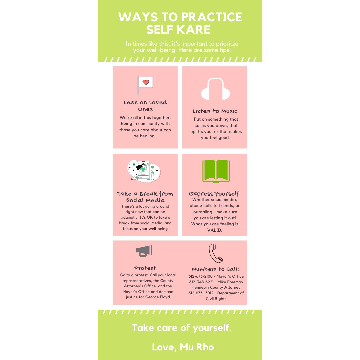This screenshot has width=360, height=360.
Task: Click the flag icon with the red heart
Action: [145, 85]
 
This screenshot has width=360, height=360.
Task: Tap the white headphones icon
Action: [215, 89]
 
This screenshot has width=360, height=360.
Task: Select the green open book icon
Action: [216, 171]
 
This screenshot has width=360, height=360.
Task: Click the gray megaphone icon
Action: [144, 251]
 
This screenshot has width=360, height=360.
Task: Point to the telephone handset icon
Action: [216, 253]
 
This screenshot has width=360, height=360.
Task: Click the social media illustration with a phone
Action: [144, 171]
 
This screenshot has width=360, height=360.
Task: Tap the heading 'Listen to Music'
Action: [215, 111]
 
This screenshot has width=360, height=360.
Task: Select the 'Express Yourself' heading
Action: [214, 194]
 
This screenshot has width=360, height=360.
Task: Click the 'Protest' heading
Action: [145, 268]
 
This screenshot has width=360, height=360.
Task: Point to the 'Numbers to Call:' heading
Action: [216, 269]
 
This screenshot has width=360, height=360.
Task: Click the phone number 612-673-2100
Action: [201, 276]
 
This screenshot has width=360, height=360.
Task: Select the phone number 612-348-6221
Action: [201, 282]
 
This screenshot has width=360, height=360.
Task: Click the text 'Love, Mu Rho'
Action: [183, 347]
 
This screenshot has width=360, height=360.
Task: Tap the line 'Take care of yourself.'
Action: [182, 328]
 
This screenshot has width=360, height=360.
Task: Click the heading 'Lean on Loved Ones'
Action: [145, 106]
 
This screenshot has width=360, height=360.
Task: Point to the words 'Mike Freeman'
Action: [230, 282]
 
